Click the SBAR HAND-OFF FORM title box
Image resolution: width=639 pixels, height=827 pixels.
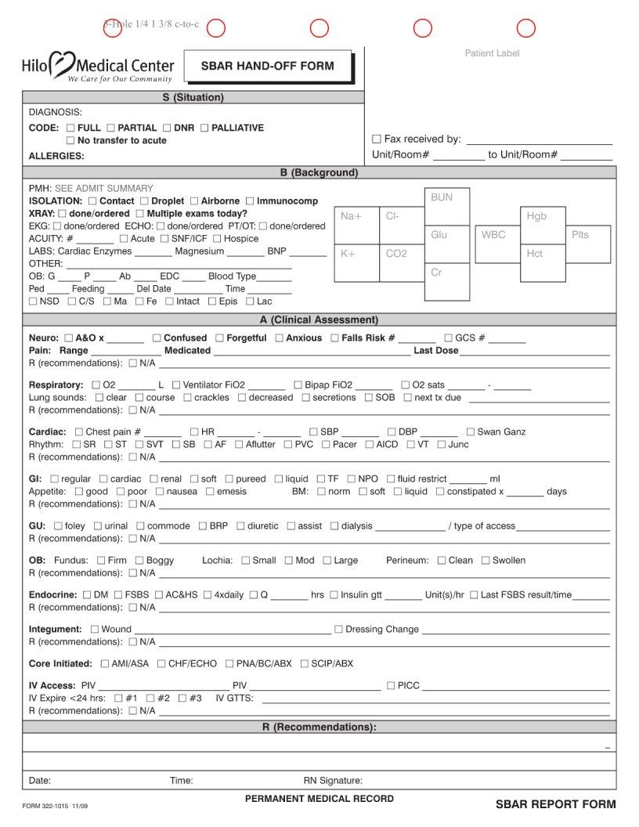click(268, 67)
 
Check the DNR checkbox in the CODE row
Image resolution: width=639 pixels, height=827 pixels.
click(166, 128)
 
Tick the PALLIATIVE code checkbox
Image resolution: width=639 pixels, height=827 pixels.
click(204, 128)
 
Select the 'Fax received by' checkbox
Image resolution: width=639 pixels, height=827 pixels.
click(377, 139)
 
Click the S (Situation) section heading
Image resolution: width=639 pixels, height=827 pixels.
click(193, 98)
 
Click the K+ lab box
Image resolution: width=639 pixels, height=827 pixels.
click(356, 263)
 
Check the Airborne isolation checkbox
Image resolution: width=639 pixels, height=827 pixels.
click(194, 201)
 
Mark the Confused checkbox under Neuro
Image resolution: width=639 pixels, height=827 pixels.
click(157, 338)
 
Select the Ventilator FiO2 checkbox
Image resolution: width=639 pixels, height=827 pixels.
click(176, 385)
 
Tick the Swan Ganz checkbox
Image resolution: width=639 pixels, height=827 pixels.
click(470, 432)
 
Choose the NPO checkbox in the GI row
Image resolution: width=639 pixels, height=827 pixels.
click(351, 479)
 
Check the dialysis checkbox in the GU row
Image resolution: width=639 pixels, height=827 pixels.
click(334, 526)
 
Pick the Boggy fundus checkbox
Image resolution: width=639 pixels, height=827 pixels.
click(139, 561)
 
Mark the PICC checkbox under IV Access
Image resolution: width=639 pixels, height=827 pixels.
click(391, 686)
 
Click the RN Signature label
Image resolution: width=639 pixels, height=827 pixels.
click(333, 781)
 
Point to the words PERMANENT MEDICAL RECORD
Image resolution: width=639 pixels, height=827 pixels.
click(319, 799)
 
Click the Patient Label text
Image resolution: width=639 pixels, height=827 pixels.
click(492, 53)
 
